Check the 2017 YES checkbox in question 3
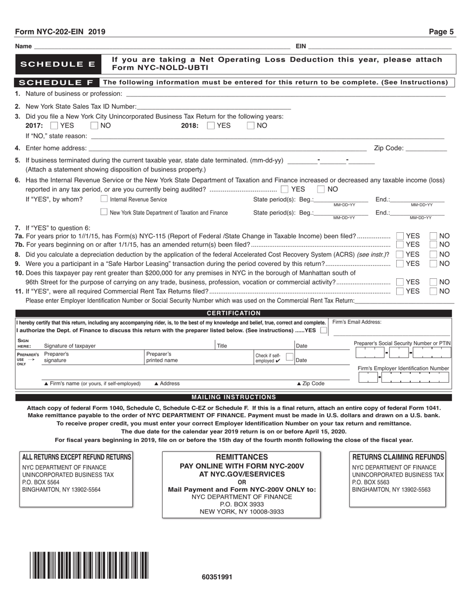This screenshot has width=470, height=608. [x=54, y=126]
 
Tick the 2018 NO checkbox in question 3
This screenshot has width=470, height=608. [x=251, y=126]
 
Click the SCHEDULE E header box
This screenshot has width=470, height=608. [x=57, y=64]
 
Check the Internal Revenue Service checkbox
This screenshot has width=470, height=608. [x=104, y=199]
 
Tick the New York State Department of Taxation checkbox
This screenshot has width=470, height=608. [x=104, y=213]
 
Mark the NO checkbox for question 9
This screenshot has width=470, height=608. [x=433, y=263]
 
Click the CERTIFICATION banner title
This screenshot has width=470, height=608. [x=234, y=313]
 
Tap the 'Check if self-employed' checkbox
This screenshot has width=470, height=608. [x=289, y=357]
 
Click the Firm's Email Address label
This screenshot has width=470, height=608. [x=357, y=322]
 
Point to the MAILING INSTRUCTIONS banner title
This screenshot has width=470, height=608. [x=234, y=397]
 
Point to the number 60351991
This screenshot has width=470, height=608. [x=217, y=577]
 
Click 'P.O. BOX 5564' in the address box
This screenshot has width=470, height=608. [x=41, y=482]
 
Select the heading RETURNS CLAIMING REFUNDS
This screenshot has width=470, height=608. [x=398, y=457]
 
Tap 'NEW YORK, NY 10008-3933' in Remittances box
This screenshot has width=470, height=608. [x=241, y=512]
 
